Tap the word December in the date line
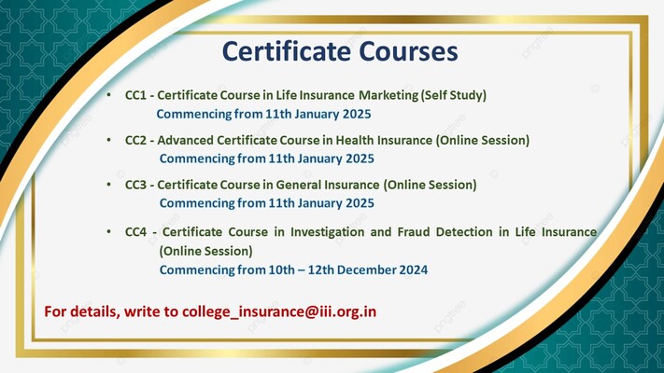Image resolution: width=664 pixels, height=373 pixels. pyautogui.click(x=362, y=270)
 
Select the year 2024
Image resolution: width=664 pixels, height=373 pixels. pyautogui.click(x=412, y=270)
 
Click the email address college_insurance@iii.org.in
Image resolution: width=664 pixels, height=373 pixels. pyautogui.click(x=280, y=310)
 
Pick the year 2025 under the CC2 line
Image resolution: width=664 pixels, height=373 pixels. pyautogui.click(x=359, y=159)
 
